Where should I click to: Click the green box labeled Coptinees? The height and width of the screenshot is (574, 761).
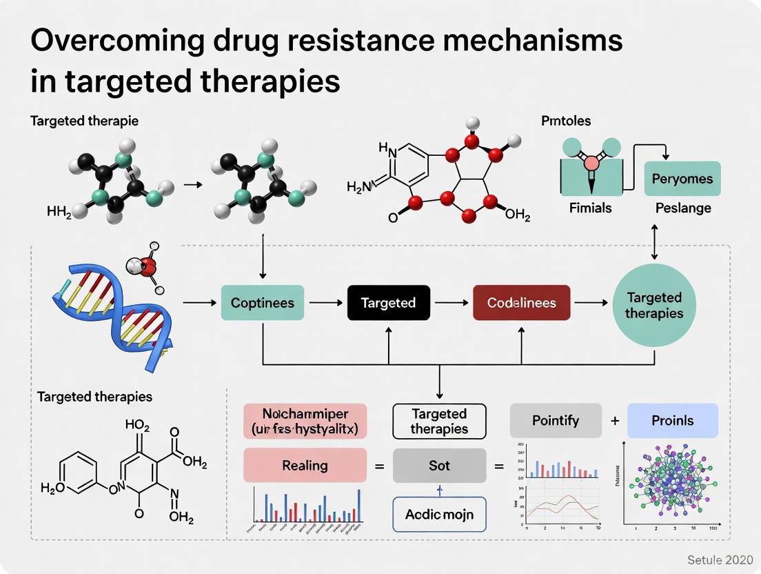coord(263,303)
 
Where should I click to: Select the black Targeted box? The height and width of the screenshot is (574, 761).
coord(388,303)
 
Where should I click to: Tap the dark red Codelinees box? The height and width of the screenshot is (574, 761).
coord(521,303)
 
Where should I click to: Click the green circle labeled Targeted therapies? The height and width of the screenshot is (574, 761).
coord(653,305)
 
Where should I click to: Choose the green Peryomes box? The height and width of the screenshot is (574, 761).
coord(682,179)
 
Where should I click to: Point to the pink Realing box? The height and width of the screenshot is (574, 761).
coord(305,466)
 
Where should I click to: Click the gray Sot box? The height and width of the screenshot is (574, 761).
coord(439,466)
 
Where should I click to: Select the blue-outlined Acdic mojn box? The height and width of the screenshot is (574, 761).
coord(439,515)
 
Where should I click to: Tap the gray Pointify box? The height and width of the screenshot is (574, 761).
coord(556,420)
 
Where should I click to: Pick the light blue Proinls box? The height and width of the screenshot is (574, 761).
coord(672,420)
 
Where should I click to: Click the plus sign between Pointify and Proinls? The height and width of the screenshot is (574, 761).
coord(614,421)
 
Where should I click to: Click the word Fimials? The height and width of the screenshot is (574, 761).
coord(590,208)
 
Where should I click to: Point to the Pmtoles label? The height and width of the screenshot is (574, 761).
coord(566,121)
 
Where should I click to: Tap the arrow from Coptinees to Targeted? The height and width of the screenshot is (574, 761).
coord(324,303)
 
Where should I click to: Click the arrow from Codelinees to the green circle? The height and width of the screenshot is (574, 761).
coord(591,303)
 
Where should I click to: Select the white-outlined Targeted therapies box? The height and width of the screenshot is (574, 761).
coord(439,421)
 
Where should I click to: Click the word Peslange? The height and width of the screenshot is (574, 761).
coord(683,208)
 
